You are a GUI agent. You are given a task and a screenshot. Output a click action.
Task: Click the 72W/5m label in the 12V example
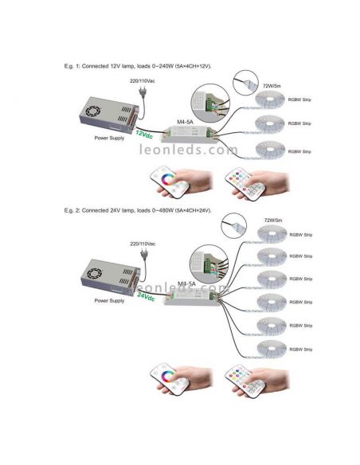(x=272, y=83)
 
